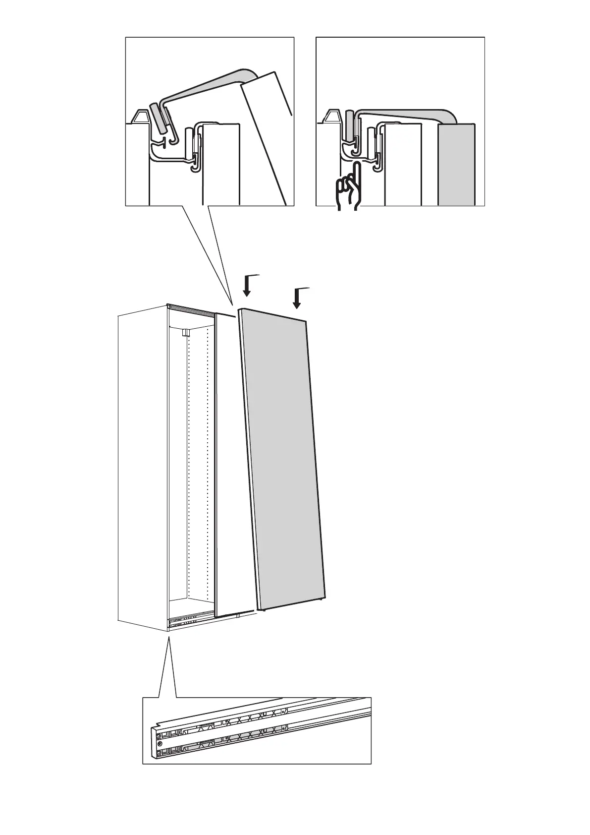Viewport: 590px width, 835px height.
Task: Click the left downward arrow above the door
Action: click(247, 287)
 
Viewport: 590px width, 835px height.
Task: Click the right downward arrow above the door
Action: click(297, 298)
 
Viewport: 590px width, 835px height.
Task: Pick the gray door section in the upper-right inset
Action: click(456, 164)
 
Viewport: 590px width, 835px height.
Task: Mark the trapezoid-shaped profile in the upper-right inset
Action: click(330, 117)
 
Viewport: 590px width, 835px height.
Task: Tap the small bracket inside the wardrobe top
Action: click(185, 332)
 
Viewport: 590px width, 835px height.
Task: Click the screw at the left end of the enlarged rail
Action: click(159, 744)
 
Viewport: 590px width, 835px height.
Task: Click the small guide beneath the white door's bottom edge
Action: click(238, 616)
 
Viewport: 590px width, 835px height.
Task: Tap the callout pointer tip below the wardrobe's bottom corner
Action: click(169, 637)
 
